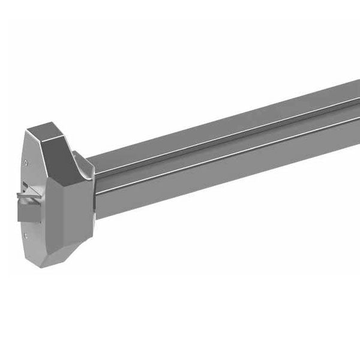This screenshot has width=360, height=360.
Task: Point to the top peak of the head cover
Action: point(45,124)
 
